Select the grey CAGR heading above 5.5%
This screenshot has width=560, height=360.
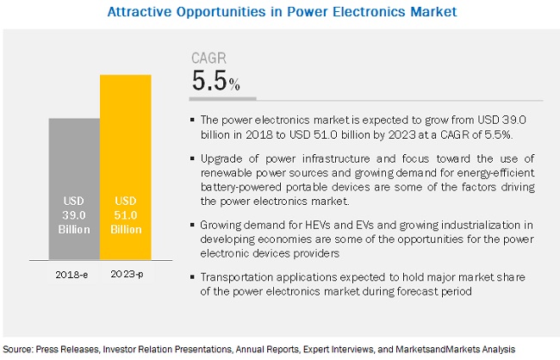208,59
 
